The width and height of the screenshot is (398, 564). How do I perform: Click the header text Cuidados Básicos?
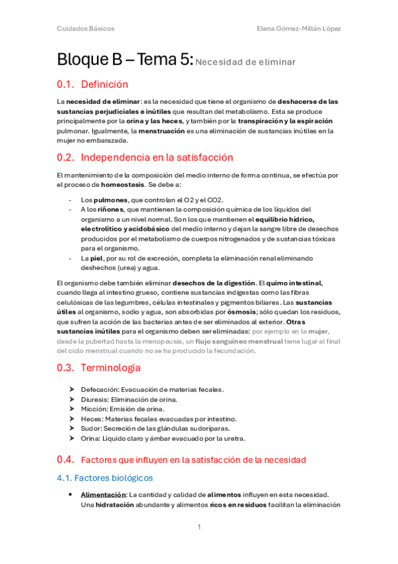pyautogui.click(x=85, y=29)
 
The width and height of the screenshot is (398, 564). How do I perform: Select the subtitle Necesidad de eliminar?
pyautogui.click(x=245, y=62)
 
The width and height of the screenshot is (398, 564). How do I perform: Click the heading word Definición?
pyautogui.click(x=104, y=84)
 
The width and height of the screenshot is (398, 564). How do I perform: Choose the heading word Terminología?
pyautogui.click(x=110, y=367)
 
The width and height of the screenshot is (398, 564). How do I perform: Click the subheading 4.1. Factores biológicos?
pyautogui.click(x=104, y=478)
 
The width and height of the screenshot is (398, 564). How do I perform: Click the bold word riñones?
pyautogui.click(x=101, y=209)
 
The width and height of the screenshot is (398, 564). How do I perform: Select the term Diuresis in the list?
pyautogui.click(x=94, y=399)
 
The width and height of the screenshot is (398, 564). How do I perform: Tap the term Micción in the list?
pyautogui.click(x=93, y=409)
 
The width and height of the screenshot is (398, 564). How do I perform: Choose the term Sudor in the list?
pyautogui.click(x=91, y=428)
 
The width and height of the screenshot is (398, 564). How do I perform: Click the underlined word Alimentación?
pyautogui.click(x=103, y=494)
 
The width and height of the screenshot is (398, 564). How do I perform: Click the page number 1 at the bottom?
pyautogui.click(x=199, y=527)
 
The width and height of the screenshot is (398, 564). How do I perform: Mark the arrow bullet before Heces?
pyautogui.click(x=71, y=419)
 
